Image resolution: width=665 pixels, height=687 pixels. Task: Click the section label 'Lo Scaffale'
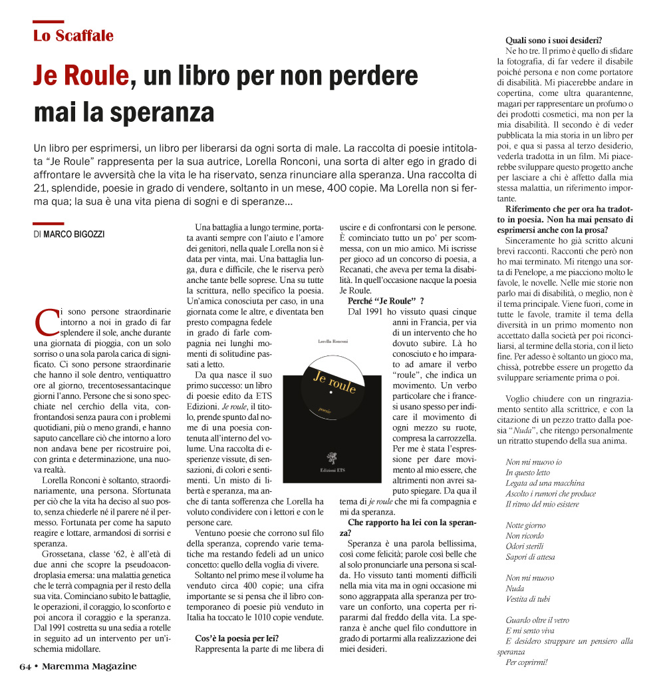(73, 36)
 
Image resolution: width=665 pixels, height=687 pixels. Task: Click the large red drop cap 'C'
(46, 322)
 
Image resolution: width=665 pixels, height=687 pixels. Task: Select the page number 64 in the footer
(25, 666)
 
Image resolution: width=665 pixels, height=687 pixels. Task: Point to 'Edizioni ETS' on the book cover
(331, 470)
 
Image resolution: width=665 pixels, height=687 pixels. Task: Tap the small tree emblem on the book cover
(331, 458)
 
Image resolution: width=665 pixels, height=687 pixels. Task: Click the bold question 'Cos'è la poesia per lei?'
(237, 638)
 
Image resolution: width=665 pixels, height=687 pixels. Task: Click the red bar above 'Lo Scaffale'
(49, 22)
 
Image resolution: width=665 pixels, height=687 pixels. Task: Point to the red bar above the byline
(49, 224)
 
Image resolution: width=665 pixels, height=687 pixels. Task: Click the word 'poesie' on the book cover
(325, 411)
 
